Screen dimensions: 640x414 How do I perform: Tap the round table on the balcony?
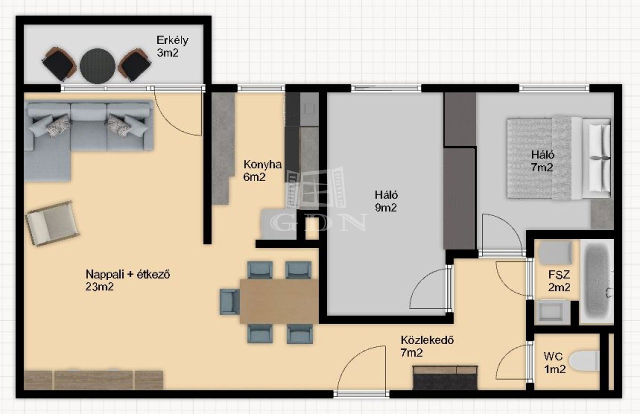[x=97, y=66]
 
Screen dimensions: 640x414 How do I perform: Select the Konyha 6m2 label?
[x=262, y=170]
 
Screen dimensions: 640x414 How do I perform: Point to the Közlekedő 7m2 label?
[x=427, y=346]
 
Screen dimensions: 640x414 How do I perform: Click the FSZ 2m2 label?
[x=559, y=281]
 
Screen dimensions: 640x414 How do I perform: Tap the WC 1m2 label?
[x=554, y=363]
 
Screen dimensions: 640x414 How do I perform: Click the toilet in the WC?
[x=584, y=361]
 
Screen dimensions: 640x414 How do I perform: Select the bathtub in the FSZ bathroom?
[x=597, y=281]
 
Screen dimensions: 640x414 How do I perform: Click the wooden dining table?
[x=279, y=301]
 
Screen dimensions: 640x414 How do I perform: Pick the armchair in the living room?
[x=52, y=223]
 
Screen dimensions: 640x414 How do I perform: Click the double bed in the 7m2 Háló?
[x=559, y=158]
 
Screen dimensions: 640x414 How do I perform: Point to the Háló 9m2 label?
[x=386, y=201]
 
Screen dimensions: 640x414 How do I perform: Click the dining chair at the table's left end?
[x=229, y=301]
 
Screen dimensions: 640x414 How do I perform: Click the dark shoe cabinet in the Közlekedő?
[x=445, y=377]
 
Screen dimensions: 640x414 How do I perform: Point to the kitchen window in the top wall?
[x=261, y=88]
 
